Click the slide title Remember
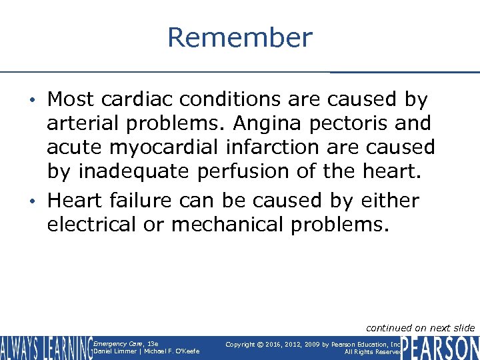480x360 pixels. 239,37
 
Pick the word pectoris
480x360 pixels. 353,123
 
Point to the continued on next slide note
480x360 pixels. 420,327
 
